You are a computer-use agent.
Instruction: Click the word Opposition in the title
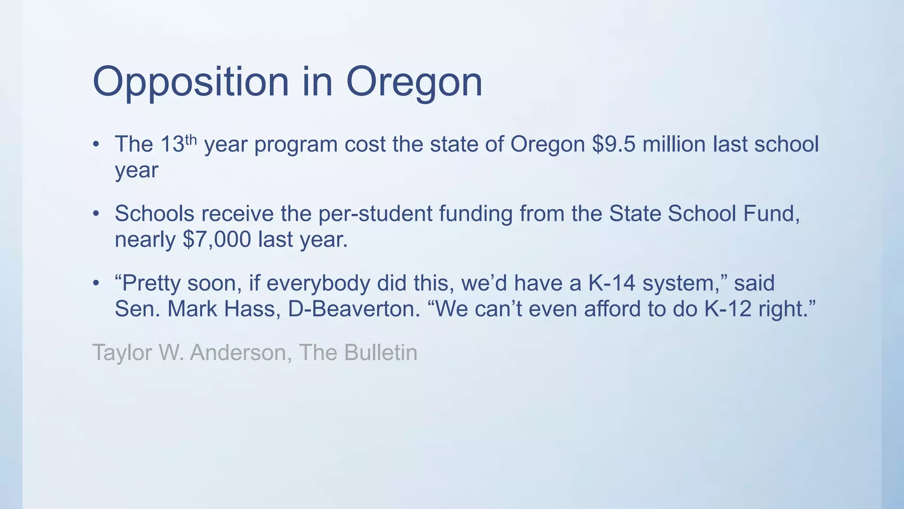[190, 82]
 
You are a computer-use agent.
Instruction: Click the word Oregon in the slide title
[414, 82]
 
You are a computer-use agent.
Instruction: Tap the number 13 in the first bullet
[172, 144]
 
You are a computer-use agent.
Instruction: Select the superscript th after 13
[190, 139]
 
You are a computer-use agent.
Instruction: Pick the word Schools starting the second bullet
[154, 214]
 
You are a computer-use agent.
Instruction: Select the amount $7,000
[217, 239]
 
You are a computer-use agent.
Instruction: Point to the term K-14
[611, 283]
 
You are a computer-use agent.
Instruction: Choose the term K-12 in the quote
[727, 309]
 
